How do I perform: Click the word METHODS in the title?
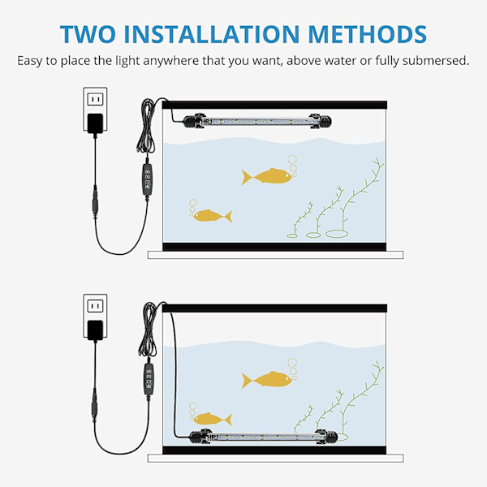(368, 34)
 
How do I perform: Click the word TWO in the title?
(88, 34)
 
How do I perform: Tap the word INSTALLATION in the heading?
(212, 34)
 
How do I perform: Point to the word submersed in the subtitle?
(435, 61)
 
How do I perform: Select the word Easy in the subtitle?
(30, 61)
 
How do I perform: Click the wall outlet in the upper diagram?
(95, 108)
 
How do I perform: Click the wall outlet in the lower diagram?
(95, 315)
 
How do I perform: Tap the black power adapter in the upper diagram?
(95, 123)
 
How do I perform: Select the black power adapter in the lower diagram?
(95, 330)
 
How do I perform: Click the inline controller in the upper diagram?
(147, 180)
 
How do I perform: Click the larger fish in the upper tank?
(267, 176)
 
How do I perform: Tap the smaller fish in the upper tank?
(213, 216)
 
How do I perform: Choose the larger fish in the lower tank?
(267, 380)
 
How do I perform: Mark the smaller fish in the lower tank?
(213, 420)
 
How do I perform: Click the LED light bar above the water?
(257, 121)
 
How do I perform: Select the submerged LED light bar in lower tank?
(263, 437)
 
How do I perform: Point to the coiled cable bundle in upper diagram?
(147, 126)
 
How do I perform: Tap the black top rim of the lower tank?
(274, 308)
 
